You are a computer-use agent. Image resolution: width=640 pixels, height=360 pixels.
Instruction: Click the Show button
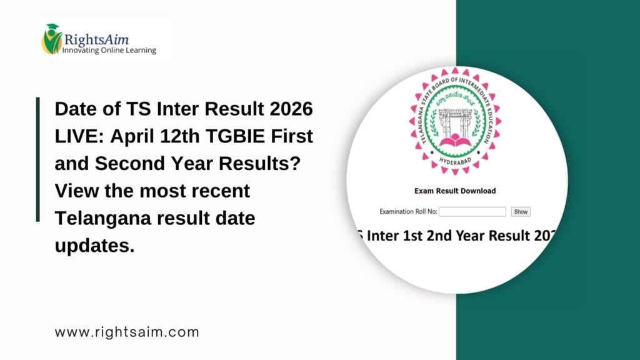coord(520,212)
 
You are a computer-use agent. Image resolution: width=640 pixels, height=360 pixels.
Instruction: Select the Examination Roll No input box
coord(472,212)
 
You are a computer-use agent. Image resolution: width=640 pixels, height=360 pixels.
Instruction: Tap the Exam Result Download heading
coord(455,191)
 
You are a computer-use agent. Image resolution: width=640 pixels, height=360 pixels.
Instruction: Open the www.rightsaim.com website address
coord(127,332)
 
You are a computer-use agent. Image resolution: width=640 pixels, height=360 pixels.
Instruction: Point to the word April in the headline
coord(123,137)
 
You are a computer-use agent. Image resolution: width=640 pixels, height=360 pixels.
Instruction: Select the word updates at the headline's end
coord(94,245)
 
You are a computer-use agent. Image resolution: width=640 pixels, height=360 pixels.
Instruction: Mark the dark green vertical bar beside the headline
coord(38,159)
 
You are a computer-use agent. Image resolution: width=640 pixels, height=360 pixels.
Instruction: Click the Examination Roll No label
coord(408,212)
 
